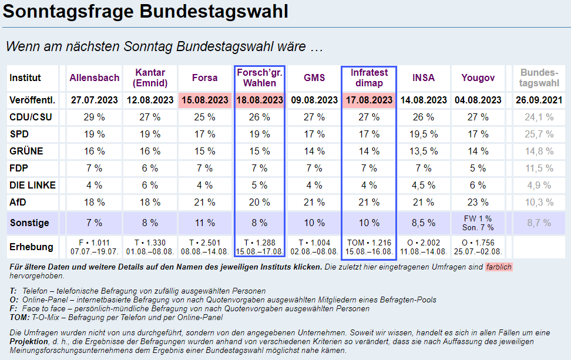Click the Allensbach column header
click(x=94, y=78)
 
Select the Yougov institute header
click(x=478, y=78)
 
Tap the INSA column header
click(x=424, y=78)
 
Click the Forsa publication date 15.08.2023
click(x=204, y=100)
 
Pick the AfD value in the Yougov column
click(x=478, y=202)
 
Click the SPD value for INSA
click(x=424, y=134)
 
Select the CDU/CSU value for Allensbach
click(x=94, y=117)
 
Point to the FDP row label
click(x=20, y=168)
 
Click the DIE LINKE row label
click(x=32, y=185)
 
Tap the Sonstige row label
click(x=29, y=223)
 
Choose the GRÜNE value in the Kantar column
click(x=149, y=151)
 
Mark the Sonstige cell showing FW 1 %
click(x=478, y=219)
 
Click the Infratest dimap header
click(x=369, y=78)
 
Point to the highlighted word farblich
click(x=498, y=267)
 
